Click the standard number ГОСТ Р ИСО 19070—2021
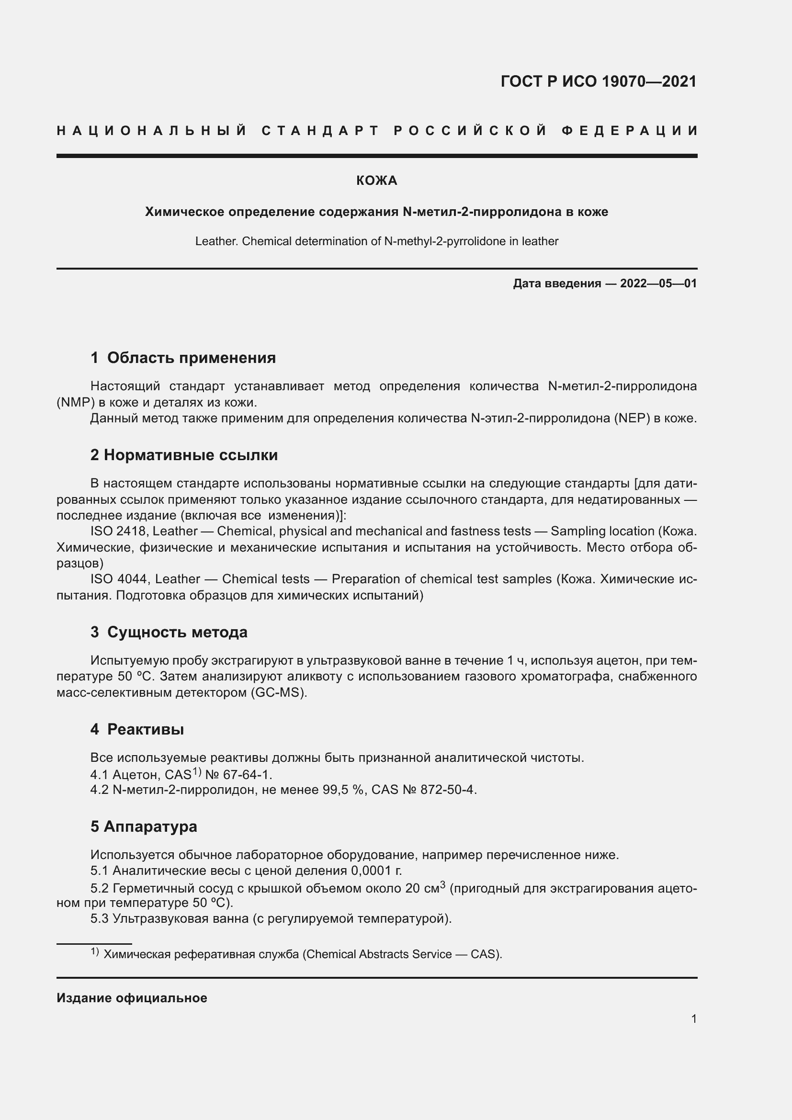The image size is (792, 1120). (x=599, y=81)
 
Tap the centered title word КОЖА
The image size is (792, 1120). (x=376, y=181)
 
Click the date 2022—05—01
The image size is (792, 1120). (x=658, y=283)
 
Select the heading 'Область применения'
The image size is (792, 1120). (x=191, y=358)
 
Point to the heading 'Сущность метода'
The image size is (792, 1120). (x=177, y=632)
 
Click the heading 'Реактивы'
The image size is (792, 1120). (x=146, y=729)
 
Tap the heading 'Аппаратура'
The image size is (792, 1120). (x=150, y=826)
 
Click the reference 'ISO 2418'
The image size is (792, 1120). (x=119, y=531)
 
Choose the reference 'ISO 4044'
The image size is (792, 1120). (x=120, y=579)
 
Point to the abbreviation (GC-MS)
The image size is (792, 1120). (x=279, y=693)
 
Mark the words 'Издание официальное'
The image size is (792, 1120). (x=132, y=998)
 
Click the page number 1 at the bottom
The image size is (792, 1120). (x=693, y=1019)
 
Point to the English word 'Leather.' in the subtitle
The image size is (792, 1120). (x=216, y=241)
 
